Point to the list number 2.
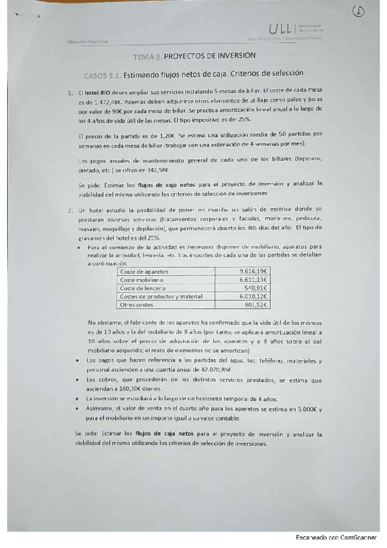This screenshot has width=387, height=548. point(70,211)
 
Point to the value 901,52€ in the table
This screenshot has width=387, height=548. point(255,304)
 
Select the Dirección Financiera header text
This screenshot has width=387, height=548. point(88,42)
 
